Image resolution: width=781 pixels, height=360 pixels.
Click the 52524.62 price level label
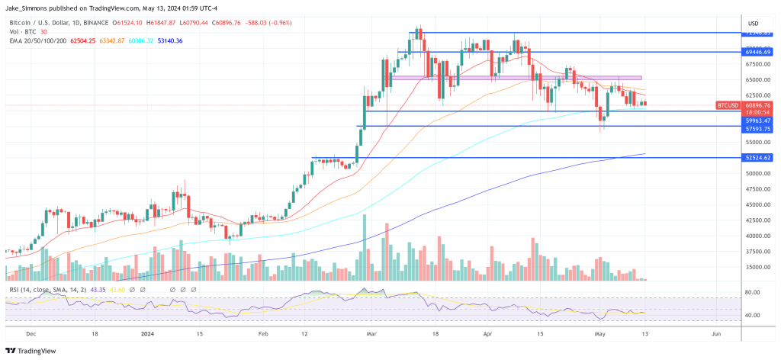coord(757,158)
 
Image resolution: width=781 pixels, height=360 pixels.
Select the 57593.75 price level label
coord(757,130)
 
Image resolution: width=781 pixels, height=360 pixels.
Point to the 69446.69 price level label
coord(757,52)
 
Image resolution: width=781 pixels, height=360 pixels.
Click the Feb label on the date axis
coord(263,334)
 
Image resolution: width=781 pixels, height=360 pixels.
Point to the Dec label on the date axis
coord(31,334)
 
